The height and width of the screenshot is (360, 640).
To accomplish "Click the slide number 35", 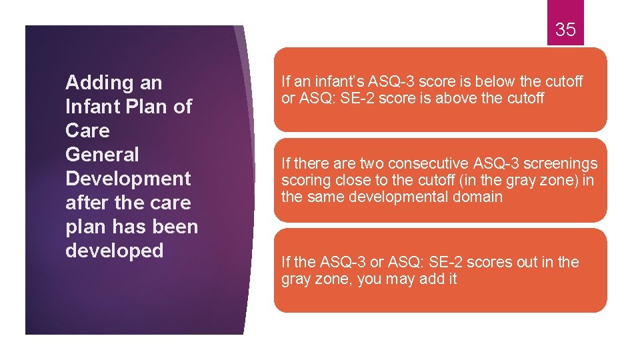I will tap(565, 29).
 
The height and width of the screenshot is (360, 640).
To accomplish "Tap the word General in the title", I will tap(102, 155).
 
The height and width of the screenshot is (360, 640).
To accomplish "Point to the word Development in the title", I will tap(128, 179).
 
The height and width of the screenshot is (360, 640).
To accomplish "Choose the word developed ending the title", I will tap(114, 251).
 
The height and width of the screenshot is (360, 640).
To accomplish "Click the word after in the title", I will tap(88, 203).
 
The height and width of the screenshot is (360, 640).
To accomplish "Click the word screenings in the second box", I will tap(561, 163).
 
